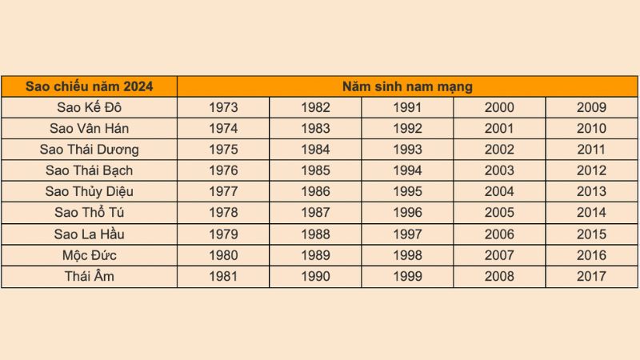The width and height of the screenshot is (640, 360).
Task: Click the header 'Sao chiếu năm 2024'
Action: point(89,86)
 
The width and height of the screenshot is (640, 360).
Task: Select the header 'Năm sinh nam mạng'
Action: point(407,86)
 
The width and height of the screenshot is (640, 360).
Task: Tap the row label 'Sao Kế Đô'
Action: point(89,108)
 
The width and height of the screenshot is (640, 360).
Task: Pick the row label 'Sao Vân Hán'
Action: point(89,129)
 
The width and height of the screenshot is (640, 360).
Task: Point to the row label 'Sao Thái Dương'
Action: point(89,150)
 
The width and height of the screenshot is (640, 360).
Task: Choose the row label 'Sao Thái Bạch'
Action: point(89,170)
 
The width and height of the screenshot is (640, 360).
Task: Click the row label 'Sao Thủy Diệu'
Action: point(89,192)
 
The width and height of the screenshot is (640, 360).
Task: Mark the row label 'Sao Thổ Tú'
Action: point(89,213)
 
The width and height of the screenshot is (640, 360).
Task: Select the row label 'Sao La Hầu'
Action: point(89,234)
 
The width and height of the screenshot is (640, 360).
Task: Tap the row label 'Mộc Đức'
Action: point(89,255)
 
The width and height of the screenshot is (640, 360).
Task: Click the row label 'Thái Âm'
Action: point(89,277)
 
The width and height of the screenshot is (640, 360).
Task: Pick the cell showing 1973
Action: point(223,108)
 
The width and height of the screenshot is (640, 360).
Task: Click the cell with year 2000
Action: point(499,108)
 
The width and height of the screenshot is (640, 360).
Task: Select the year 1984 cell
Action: point(315,150)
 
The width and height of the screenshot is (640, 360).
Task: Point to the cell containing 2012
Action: point(591,170)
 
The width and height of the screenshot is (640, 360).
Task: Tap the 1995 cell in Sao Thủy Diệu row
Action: point(407,192)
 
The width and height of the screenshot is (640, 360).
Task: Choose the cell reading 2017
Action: point(591,277)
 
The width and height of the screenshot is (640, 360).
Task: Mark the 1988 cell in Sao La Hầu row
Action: point(315,234)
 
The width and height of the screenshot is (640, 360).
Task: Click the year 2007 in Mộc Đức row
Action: point(499,255)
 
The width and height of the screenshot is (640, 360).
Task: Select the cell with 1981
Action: point(223,277)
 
